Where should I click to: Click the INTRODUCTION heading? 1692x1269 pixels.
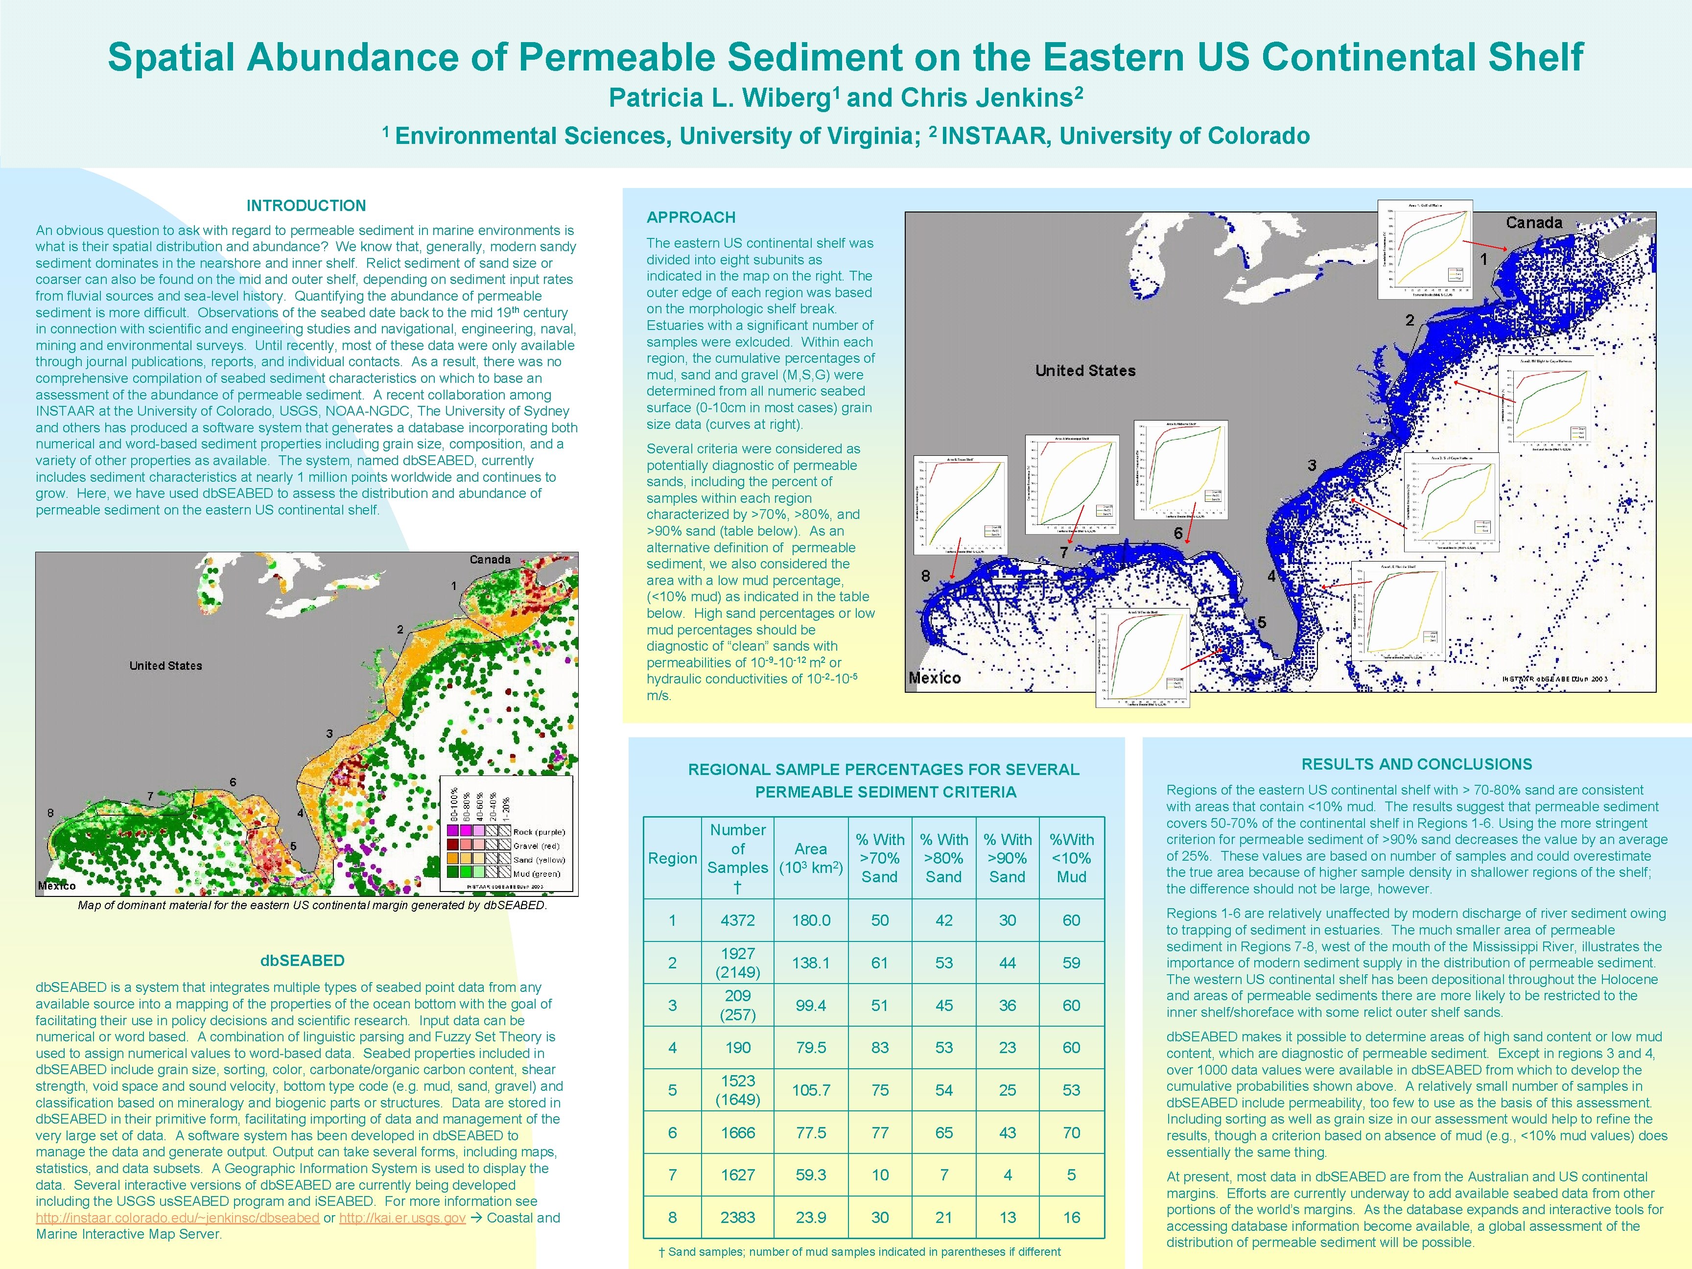[x=306, y=206]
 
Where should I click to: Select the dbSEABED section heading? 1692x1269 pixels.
[x=302, y=961]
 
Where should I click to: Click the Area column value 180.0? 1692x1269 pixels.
[x=811, y=921]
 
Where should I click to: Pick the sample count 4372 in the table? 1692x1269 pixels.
[x=737, y=921]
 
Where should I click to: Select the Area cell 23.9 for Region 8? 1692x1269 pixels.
[x=811, y=1218]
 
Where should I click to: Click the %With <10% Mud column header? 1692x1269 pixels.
[x=1071, y=858]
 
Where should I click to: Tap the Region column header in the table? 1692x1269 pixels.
[x=672, y=858]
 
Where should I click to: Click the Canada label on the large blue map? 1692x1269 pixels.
[x=1534, y=223]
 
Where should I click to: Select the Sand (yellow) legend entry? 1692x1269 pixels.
[x=539, y=860]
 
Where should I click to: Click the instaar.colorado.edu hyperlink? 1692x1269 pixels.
[x=177, y=1218]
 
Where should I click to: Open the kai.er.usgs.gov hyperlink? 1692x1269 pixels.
[x=402, y=1218]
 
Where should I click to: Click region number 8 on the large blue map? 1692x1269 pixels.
[x=925, y=575]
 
